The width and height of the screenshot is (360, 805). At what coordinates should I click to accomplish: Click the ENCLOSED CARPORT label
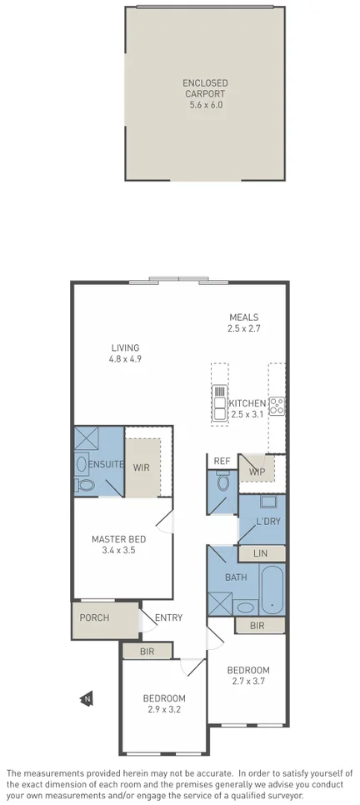click(206, 88)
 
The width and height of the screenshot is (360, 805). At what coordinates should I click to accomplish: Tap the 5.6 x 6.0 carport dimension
click(206, 105)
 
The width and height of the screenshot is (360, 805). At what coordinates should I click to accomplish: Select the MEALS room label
click(244, 317)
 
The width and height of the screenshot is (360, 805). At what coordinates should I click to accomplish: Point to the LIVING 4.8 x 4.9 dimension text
click(125, 359)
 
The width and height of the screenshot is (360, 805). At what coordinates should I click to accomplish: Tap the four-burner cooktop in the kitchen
click(277, 407)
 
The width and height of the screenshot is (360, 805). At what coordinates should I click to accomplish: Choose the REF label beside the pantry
click(222, 460)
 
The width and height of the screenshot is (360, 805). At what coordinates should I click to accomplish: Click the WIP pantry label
click(257, 472)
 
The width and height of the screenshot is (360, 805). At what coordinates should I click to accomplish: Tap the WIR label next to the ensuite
click(142, 467)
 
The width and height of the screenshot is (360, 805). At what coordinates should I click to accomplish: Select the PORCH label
click(94, 617)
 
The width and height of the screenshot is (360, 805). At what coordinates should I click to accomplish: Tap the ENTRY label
click(168, 617)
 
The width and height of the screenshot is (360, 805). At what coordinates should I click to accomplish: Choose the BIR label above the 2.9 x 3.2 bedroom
click(147, 651)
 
